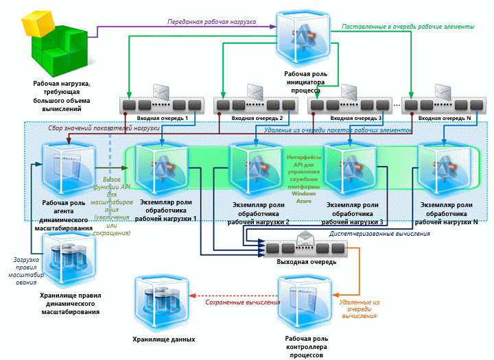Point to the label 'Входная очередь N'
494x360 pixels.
443,119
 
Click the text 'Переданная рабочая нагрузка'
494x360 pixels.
212,22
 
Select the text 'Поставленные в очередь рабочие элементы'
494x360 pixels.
408,27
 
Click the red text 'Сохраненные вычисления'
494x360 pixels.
237,302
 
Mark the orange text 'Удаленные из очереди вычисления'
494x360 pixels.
359,309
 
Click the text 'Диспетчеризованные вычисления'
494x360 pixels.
379,233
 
